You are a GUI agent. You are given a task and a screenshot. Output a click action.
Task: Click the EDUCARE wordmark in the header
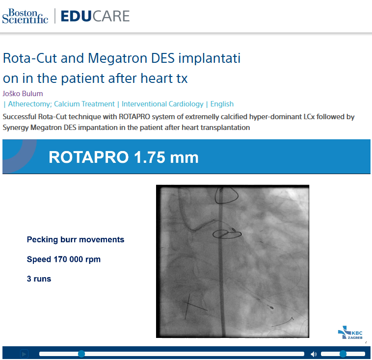coord(95,16)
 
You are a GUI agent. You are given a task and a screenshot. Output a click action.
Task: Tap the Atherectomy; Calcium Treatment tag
coord(61,104)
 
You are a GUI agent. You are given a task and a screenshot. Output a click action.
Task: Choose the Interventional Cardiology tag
coord(162,104)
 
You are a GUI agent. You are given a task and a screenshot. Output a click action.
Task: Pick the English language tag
coord(222,104)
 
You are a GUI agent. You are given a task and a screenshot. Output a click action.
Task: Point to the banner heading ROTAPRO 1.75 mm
coord(123,157)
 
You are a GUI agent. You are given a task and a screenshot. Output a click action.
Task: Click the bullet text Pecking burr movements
coord(75,240)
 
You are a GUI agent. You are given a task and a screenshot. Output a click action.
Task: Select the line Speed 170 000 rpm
coord(63,259)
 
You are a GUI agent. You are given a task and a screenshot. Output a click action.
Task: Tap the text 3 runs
coord(39,279)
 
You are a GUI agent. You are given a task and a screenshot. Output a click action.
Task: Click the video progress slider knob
coord(81,354)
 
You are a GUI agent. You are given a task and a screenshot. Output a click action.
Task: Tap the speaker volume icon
coord(314,354)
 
